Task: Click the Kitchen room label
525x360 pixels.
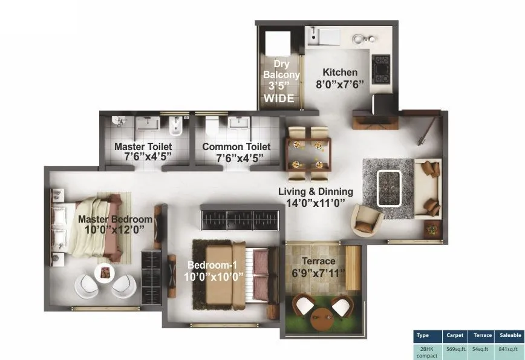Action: (339, 71)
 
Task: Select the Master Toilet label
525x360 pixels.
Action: (143, 146)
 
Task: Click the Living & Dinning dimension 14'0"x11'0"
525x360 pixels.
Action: (315, 203)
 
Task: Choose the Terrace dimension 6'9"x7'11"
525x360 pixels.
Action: (318, 273)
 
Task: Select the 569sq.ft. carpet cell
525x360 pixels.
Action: (455, 349)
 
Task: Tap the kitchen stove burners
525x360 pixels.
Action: (382, 69)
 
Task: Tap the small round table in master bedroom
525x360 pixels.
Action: (105, 273)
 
